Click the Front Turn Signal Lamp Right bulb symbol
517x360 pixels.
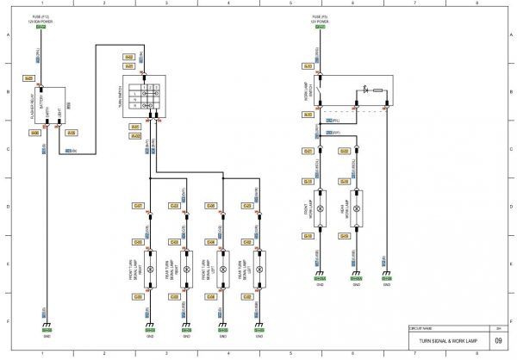150,270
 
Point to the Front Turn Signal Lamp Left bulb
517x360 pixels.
222,270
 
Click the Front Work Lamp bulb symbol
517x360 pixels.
319,209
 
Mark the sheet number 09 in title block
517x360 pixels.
498,340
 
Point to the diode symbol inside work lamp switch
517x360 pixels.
365,89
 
